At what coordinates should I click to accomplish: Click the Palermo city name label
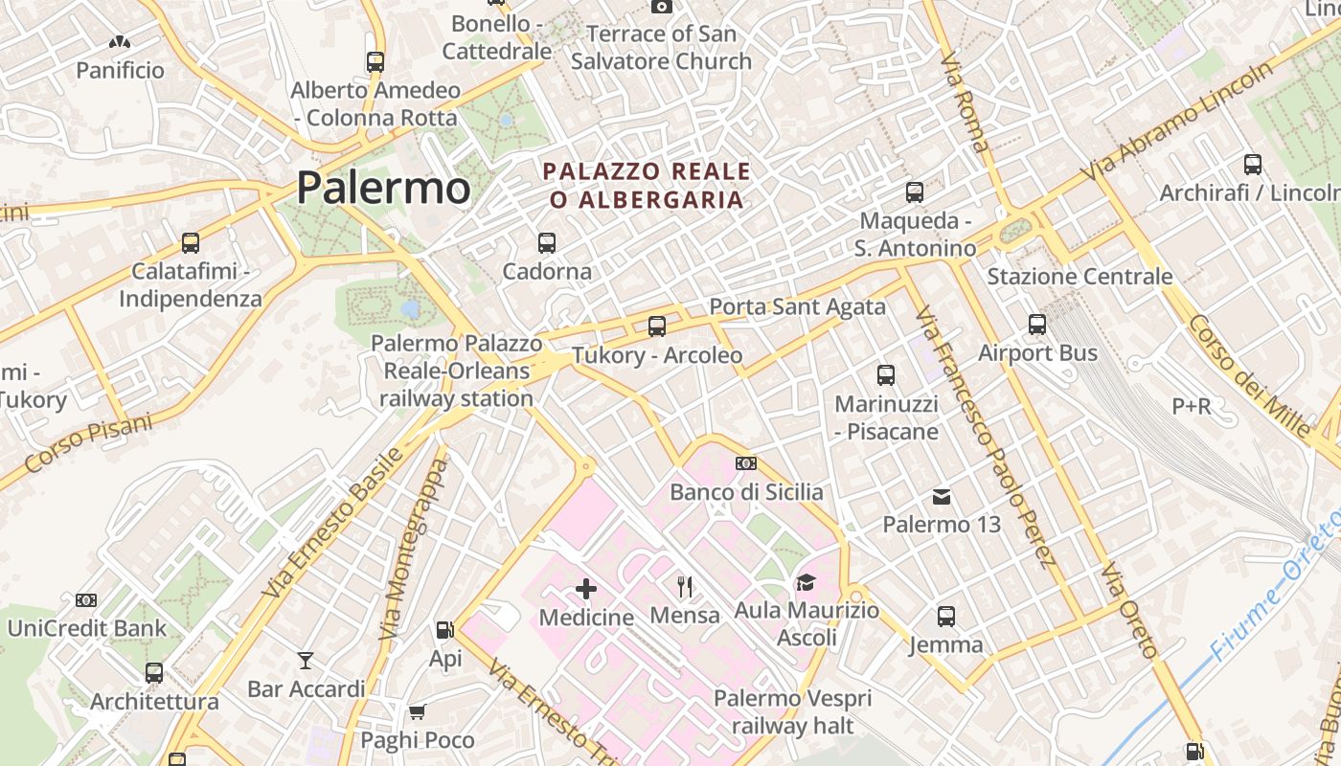383,188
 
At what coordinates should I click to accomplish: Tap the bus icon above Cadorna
547,243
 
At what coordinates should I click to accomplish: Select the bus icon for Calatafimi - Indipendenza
191,243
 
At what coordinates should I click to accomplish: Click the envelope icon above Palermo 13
942,497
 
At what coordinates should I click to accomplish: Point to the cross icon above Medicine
586,589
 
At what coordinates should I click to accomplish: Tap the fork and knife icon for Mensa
685,586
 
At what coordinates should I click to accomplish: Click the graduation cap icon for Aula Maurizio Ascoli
806,582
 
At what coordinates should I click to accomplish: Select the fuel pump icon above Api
444,630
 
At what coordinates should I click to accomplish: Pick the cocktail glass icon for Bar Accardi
306,661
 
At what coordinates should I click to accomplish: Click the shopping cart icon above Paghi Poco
417,712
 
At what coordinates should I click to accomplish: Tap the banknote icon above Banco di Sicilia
746,463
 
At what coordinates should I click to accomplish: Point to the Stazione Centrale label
1080,277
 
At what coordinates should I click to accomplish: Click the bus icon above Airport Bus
1037,325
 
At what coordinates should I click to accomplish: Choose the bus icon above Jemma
946,616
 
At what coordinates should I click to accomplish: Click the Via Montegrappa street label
414,549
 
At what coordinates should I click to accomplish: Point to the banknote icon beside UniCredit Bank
86,600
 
